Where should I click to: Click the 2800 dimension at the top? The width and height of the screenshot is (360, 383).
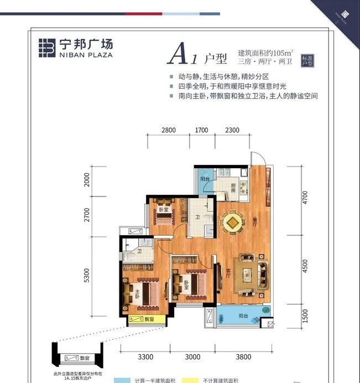click(169, 131)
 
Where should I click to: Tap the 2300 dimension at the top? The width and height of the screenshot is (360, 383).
click(232, 131)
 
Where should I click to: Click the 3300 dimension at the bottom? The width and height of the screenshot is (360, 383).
click(145, 356)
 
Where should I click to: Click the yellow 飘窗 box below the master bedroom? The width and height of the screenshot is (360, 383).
click(142, 319)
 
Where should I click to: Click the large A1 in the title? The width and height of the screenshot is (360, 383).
click(182, 55)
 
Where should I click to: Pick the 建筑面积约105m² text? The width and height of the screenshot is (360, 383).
click(264, 51)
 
